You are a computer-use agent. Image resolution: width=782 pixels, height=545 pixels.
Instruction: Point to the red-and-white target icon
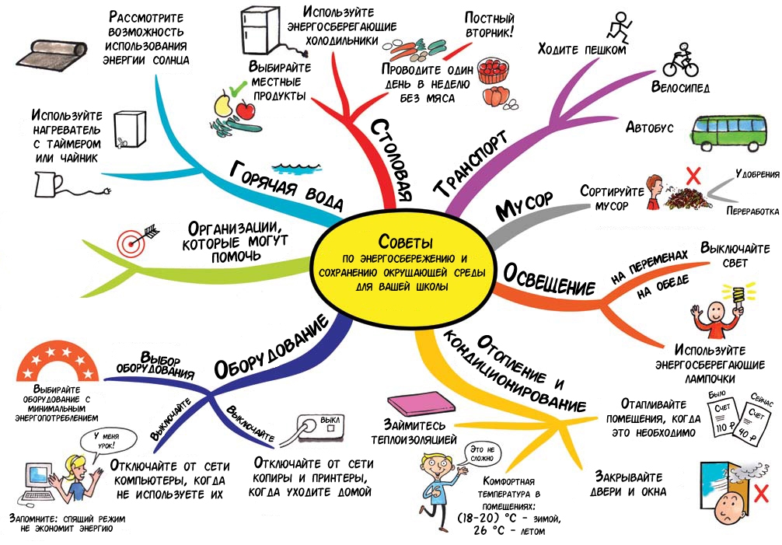click(x=133, y=240)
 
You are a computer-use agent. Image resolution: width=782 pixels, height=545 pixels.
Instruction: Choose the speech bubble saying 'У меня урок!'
click(x=106, y=441)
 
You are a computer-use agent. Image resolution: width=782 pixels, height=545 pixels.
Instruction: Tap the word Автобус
click(x=651, y=127)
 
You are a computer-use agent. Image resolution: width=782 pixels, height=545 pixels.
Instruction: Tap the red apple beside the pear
click(x=246, y=110)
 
